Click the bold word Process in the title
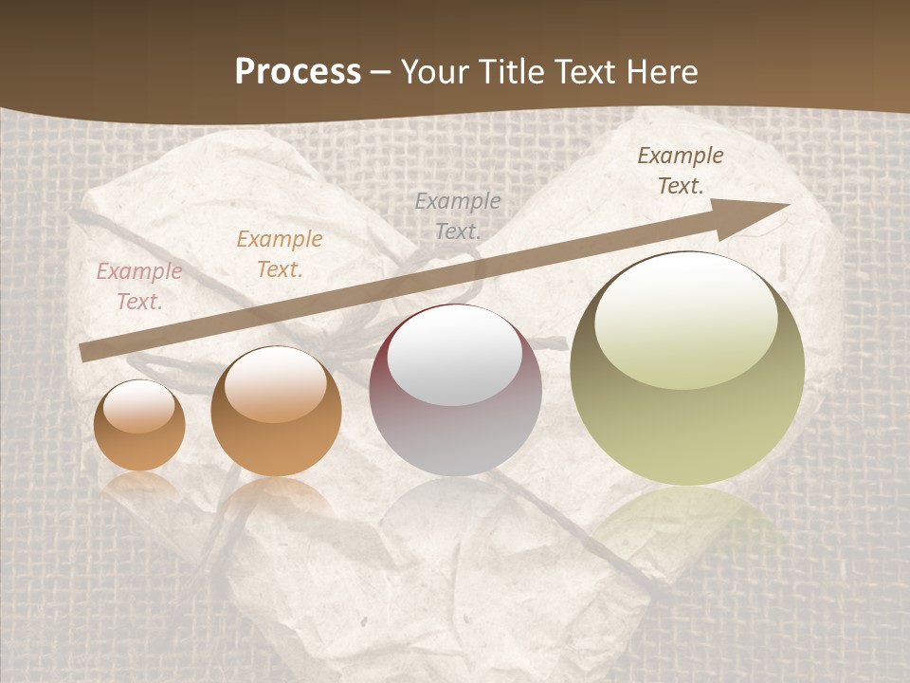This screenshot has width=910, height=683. pos(298,71)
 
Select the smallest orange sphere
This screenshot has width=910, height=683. pos(139,425)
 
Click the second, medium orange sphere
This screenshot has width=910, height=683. pos(276,411)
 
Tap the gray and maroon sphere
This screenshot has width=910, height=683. pos(456,390)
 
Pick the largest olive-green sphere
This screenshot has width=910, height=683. pos(687,368)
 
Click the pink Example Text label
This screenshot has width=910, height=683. pos(138,286)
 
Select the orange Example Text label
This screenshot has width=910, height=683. pos(279,254)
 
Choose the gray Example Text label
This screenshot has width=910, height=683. pos(458,215)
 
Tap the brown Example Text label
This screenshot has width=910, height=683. pos(680,171)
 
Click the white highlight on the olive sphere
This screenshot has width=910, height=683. pos(686,318)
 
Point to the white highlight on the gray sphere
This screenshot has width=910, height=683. pos(455,355)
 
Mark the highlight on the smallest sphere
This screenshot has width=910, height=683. pos(138,407)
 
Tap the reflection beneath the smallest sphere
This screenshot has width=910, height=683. pos(139,485)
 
